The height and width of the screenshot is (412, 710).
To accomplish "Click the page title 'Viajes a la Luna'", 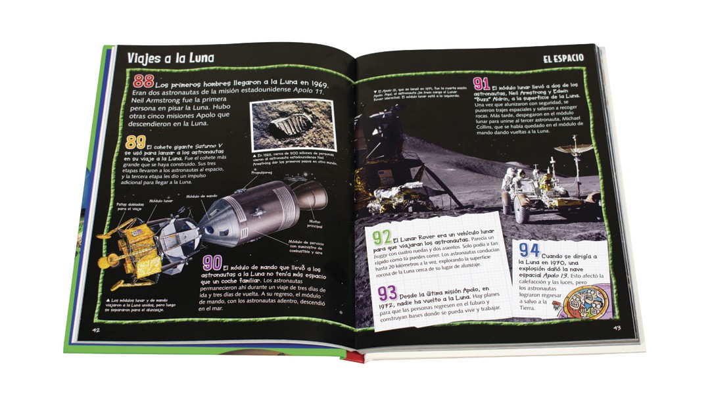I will pos(170,58).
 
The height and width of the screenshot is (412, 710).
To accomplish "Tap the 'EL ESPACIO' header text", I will pos(563,58).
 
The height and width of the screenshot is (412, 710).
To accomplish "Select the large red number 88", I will pos(143,82).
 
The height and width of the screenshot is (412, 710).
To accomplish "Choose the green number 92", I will pos(381,238).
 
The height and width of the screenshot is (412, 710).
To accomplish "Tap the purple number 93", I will pos(387,292).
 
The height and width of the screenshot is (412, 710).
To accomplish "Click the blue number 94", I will pos(529,250).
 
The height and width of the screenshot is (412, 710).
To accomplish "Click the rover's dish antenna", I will pos(573,149).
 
